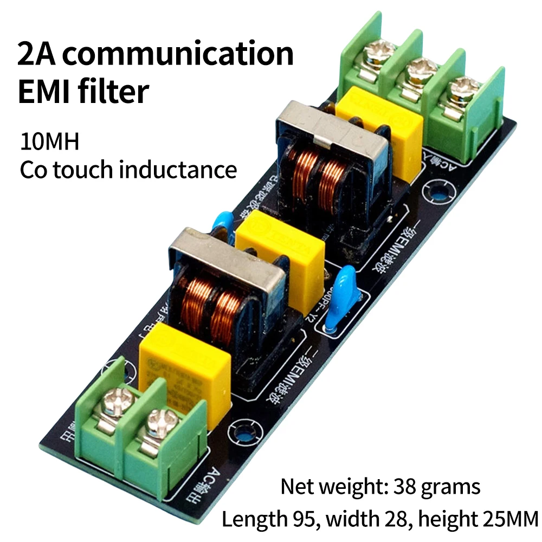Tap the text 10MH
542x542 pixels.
coord(50,143)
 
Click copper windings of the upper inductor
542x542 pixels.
coord(320,182)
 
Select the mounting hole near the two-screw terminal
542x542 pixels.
coord(244,434)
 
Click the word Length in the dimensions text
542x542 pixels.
coord(253,519)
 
